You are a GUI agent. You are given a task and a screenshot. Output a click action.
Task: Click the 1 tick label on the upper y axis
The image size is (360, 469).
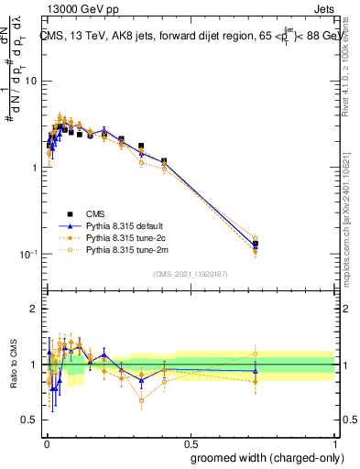[34, 168]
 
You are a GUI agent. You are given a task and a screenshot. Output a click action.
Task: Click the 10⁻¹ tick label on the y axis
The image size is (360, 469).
[29, 255]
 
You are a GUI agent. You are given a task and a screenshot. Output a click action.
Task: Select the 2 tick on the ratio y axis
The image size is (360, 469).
[34, 309]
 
